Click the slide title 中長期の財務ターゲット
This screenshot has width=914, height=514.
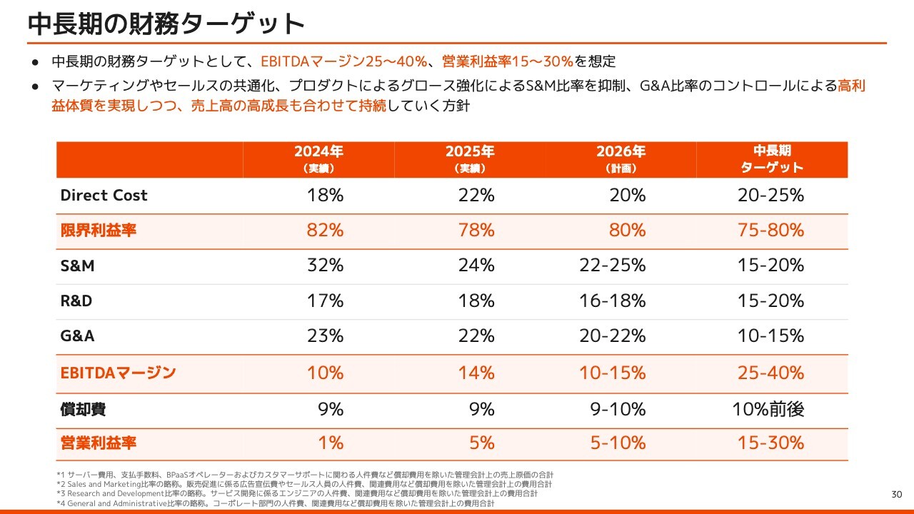coord(166,24)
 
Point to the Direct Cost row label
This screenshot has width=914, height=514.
coord(104,196)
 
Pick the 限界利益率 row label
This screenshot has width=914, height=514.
coord(99,231)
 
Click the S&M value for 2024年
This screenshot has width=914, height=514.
coord(325,266)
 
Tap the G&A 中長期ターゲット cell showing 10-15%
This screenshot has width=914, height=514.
coord(770,336)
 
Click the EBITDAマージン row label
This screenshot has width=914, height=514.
coord(118,373)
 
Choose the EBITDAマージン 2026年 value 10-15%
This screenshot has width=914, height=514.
coord(613,373)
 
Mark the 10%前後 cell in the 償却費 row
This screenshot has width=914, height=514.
coord(768,409)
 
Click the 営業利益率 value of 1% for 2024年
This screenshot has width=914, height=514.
coord(331,443)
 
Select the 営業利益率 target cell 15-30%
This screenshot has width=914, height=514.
coord(770,443)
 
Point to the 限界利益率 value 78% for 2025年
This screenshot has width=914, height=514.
coord(476,231)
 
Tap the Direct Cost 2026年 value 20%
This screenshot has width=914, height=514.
coord(628,196)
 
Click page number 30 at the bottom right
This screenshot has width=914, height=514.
coord(897,495)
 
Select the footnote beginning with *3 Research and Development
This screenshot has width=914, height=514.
coord(296,493)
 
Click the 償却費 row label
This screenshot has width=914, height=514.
coord(84,409)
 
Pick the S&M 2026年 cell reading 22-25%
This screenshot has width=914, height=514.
coord(613,266)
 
